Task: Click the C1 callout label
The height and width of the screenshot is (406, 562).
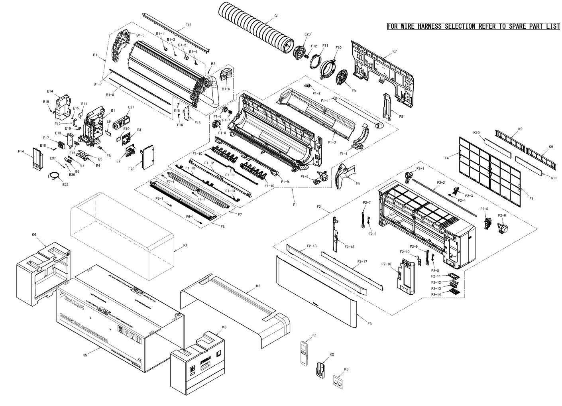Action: click(x=277, y=16)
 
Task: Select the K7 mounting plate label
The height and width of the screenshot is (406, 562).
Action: click(x=395, y=51)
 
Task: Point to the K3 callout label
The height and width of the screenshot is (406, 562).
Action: click(x=346, y=369)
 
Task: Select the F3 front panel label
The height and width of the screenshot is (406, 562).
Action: click(x=369, y=324)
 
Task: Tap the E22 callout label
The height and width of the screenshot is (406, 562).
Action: click(x=65, y=184)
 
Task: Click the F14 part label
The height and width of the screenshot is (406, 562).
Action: click(x=21, y=152)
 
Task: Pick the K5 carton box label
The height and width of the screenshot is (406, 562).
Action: click(x=84, y=355)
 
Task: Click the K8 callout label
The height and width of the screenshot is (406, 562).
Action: click(x=258, y=286)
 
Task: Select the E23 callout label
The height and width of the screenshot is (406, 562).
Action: click(x=307, y=34)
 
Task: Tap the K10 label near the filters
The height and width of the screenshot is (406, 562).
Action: click(x=476, y=132)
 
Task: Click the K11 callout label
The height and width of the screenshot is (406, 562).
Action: click(x=554, y=178)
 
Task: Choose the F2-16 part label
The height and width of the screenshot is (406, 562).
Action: click(x=386, y=264)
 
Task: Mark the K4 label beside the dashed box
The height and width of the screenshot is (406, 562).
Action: click(x=185, y=246)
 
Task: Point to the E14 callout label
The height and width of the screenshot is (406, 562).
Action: click(x=50, y=91)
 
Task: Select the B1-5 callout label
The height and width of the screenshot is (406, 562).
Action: click(x=140, y=35)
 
